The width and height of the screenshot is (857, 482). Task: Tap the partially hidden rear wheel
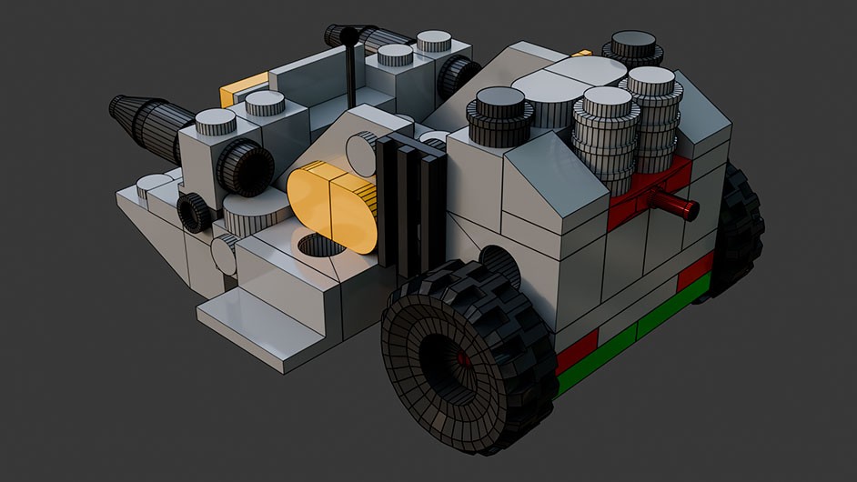point(741,227)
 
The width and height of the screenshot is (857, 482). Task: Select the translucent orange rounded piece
point(331,204)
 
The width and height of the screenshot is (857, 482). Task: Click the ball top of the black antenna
point(348,36)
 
